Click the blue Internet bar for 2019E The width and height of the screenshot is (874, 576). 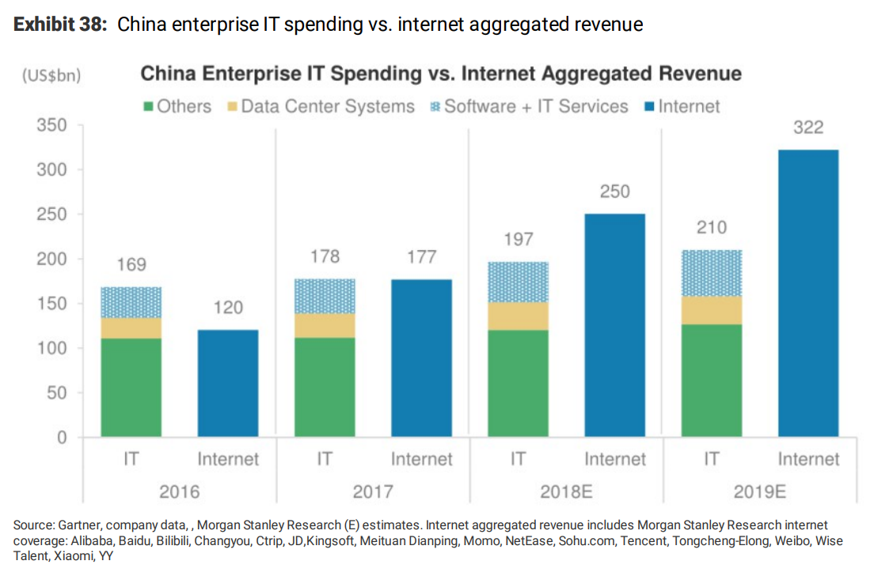(808, 293)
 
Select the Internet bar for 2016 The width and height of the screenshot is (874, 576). (228, 384)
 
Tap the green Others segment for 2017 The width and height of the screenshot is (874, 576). (325, 388)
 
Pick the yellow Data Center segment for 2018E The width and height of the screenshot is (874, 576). (518, 316)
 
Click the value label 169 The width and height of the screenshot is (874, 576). (131, 264)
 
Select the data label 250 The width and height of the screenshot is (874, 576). (614, 191)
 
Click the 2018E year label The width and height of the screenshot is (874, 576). (566, 491)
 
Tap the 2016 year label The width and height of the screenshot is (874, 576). (179, 491)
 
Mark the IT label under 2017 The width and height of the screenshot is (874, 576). (325, 459)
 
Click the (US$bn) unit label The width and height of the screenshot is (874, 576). (51, 76)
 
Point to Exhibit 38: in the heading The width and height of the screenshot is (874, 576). (60, 25)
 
